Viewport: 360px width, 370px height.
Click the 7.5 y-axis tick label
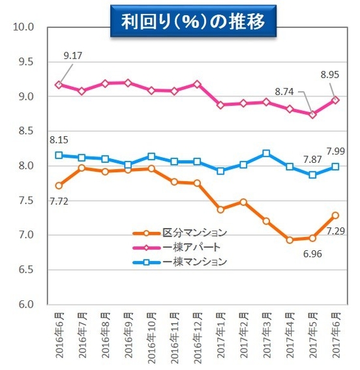pos(25,201)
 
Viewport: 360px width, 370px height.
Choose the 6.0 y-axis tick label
pos(25,304)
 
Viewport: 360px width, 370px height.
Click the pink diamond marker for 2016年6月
pos(59,85)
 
